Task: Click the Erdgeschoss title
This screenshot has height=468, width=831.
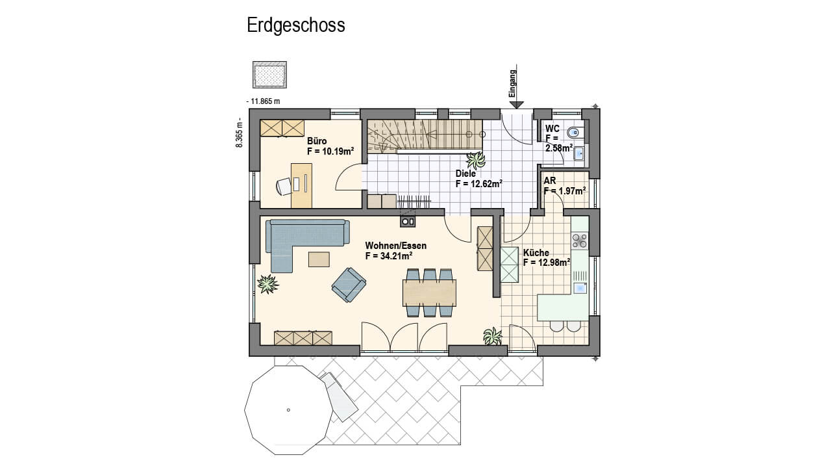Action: click(x=295, y=25)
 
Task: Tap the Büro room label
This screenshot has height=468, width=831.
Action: click(x=317, y=141)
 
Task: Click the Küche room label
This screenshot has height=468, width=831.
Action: click(x=536, y=253)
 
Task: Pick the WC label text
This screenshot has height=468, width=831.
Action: click(x=552, y=129)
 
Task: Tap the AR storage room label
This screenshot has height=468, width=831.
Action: click(x=550, y=181)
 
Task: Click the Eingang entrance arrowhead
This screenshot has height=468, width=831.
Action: click(x=516, y=105)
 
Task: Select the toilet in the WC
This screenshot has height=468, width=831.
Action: click(x=576, y=132)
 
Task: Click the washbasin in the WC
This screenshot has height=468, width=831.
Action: click(x=578, y=153)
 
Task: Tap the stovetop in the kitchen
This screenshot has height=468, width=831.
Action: click(x=580, y=240)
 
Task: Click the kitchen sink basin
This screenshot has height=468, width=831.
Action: click(x=580, y=288)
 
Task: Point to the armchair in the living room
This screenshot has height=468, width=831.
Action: click(x=349, y=285)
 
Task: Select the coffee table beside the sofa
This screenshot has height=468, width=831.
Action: click(x=319, y=259)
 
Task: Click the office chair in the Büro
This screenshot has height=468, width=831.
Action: click(x=284, y=186)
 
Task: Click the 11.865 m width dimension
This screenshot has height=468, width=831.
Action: click(x=263, y=101)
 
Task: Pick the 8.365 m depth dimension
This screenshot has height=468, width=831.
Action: click(x=240, y=133)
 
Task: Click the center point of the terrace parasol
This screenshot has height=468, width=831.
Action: click(x=288, y=410)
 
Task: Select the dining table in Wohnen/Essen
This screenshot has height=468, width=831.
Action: click(x=430, y=292)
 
